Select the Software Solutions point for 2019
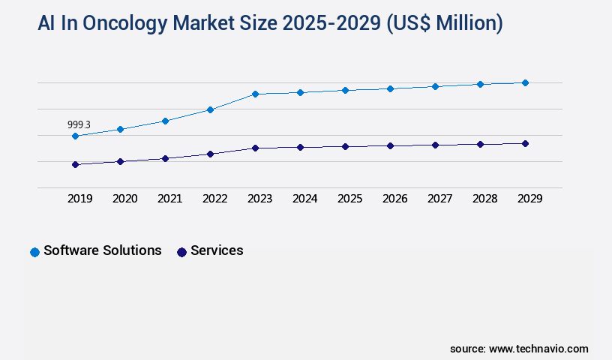(x=75, y=136)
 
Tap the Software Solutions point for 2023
(x=255, y=94)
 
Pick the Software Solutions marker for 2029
(x=525, y=82)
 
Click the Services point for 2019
(x=75, y=164)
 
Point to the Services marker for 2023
(x=255, y=148)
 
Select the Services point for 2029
(x=525, y=143)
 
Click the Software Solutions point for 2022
(x=210, y=109)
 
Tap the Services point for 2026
(x=390, y=145)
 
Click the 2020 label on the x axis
(x=124, y=199)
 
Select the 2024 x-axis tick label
(x=304, y=199)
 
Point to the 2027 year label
(x=439, y=199)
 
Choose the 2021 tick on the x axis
(x=169, y=199)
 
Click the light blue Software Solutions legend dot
(x=34, y=252)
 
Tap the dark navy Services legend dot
(x=181, y=252)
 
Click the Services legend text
(x=217, y=250)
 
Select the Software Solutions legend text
(x=103, y=250)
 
